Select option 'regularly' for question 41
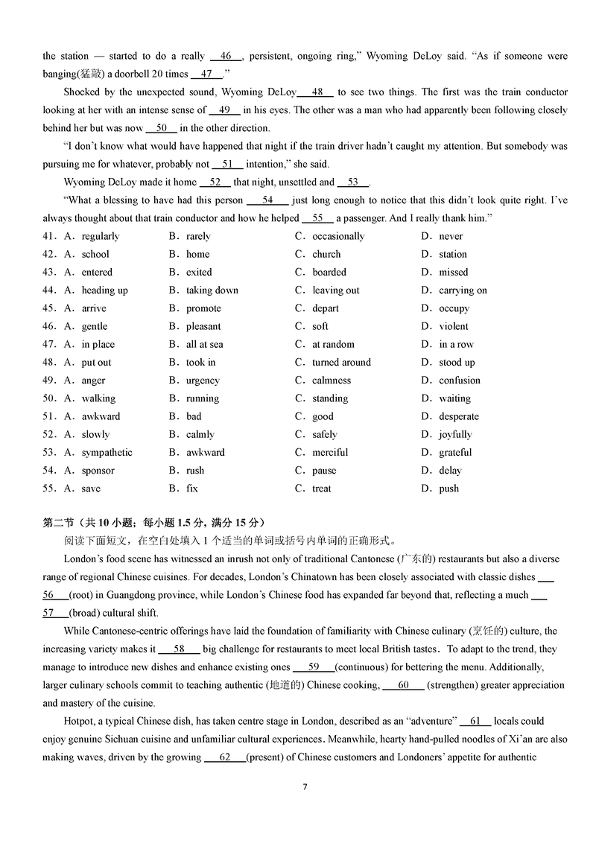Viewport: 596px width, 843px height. tap(101, 236)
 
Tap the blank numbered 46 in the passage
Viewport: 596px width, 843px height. tap(226, 56)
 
